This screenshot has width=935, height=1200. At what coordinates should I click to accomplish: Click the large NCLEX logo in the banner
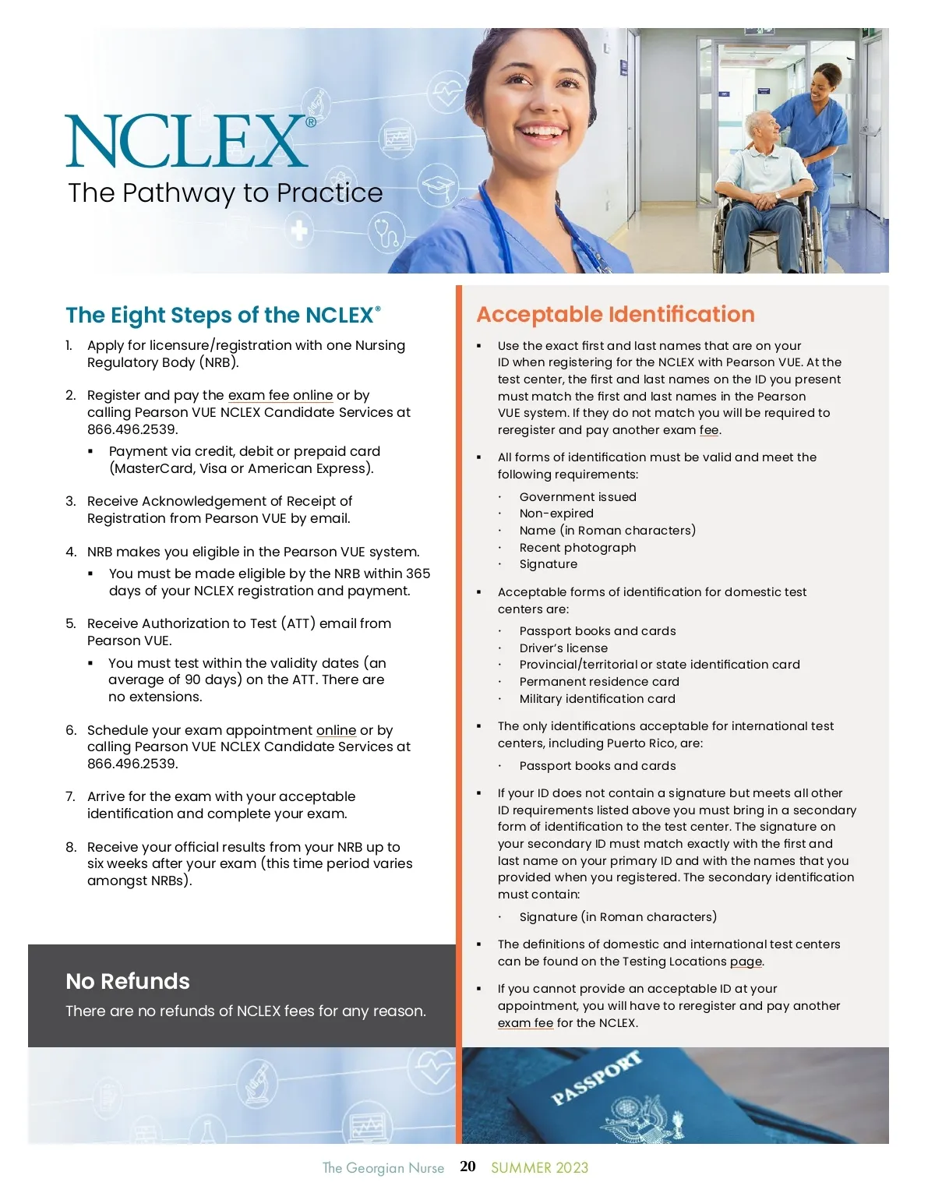(x=187, y=141)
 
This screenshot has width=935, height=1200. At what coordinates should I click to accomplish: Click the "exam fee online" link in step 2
(x=280, y=395)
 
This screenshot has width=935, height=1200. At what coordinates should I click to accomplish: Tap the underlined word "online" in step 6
(x=336, y=730)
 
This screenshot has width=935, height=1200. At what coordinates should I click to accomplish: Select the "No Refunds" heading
(x=128, y=981)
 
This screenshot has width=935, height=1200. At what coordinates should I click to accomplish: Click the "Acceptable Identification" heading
(x=616, y=314)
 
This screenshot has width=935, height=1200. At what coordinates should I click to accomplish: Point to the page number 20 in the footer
(x=467, y=1166)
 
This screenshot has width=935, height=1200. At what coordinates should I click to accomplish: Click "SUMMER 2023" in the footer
(x=539, y=1167)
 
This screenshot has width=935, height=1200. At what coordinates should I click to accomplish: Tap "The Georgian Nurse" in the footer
(x=383, y=1167)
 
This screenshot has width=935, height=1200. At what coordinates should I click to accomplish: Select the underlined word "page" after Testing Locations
(x=746, y=962)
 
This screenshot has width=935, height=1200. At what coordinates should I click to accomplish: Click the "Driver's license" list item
(x=563, y=648)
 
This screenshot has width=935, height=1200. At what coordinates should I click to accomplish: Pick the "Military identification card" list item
(x=597, y=699)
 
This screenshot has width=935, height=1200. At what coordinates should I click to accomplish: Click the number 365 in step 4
(x=418, y=574)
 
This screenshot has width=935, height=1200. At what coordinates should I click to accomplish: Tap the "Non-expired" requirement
(x=556, y=514)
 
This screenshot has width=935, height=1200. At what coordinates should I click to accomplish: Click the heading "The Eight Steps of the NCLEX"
(x=223, y=315)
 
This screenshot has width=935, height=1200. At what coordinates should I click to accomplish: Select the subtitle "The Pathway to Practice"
(x=225, y=193)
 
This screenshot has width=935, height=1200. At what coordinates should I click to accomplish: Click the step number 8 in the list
(x=71, y=847)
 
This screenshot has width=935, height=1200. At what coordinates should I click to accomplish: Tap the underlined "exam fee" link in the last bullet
(x=525, y=1023)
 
